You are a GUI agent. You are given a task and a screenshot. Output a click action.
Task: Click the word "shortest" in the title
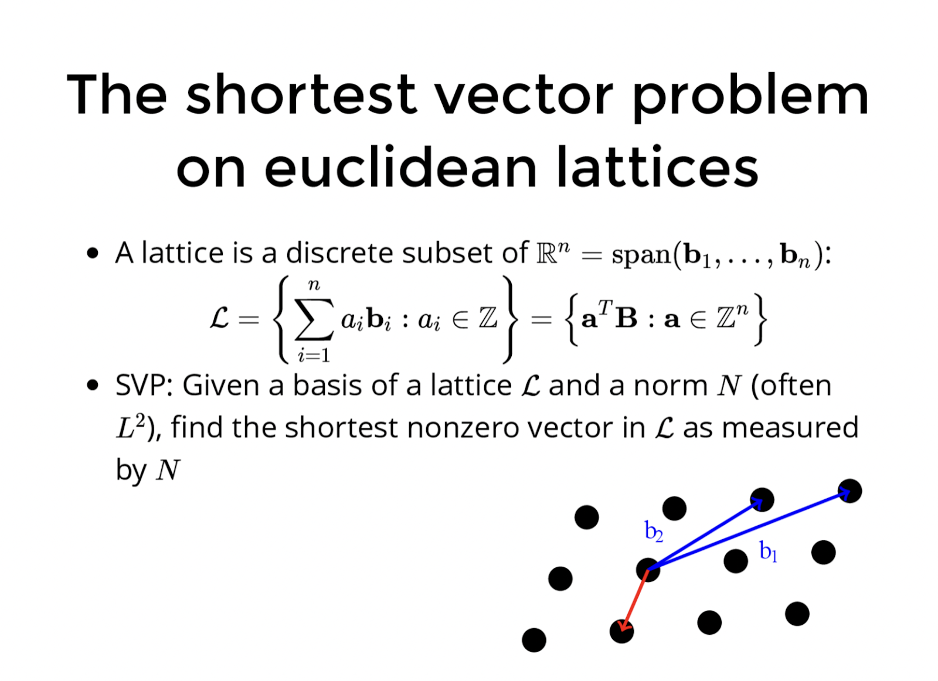pyautogui.click(x=301, y=94)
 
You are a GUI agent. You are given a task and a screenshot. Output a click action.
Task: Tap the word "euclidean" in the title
pyautogui.click(x=400, y=167)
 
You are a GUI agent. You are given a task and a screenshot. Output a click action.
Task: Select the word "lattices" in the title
pyautogui.click(x=657, y=167)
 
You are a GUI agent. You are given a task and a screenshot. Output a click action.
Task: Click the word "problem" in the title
pyautogui.click(x=750, y=98)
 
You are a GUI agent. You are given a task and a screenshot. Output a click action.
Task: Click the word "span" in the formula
pyautogui.click(x=641, y=255)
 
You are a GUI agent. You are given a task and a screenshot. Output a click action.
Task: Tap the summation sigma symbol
pyautogui.click(x=314, y=319)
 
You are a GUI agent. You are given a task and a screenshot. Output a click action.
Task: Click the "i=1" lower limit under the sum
pyautogui.click(x=314, y=355)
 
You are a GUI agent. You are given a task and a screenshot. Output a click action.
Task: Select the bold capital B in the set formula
pyautogui.click(x=627, y=319)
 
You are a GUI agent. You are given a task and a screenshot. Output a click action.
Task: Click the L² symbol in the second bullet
pyautogui.click(x=130, y=426)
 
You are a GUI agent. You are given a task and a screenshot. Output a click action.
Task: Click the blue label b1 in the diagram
pyautogui.click(x=768, y=551)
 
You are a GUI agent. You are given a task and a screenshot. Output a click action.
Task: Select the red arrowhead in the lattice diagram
pyautogui.click(x=624, y=625)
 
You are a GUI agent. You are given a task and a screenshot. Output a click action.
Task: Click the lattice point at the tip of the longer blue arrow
pyautogui.click(x=849, y=491)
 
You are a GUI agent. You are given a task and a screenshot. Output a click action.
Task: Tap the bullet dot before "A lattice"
pyautogui.click(x=92, y=253)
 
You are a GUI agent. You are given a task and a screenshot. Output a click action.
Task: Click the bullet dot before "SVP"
pyautogui.click(x=92, y=385)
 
